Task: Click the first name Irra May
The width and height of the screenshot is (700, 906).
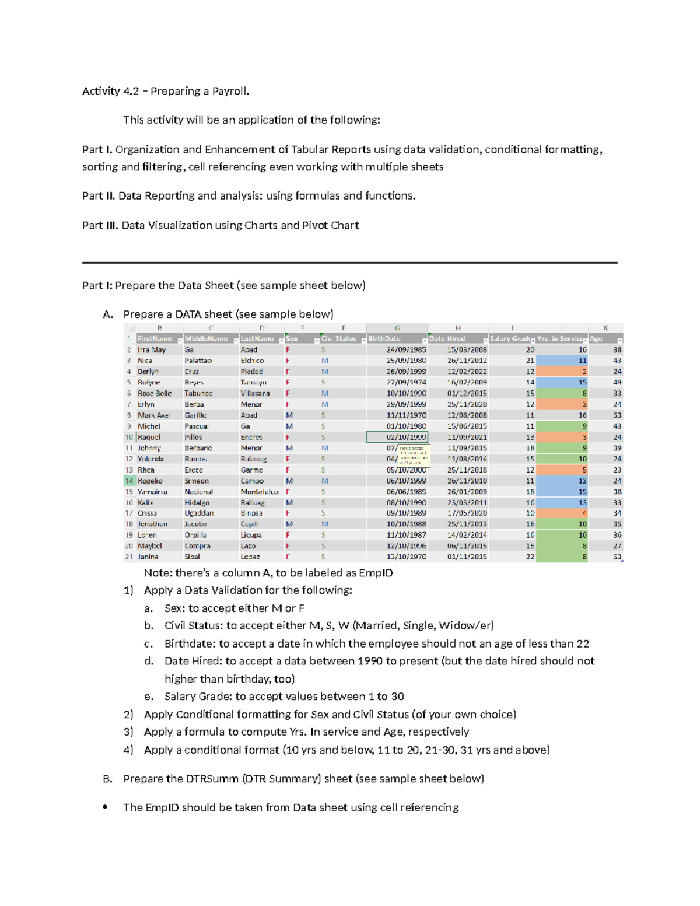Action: pos(152,350)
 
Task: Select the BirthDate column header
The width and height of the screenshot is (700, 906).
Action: pos(385,339)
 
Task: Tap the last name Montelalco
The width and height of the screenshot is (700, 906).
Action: pos(260,492)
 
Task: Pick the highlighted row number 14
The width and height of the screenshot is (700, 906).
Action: pos(129,481)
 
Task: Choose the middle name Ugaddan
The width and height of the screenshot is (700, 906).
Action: pos(199,513)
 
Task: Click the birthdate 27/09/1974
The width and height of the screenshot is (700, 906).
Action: pos(406,383)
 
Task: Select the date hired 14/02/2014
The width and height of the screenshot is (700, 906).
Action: pos(467,535)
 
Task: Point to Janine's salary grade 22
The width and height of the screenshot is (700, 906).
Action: pos(530,557)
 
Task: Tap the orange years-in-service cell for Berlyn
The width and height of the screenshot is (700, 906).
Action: pos(562,372)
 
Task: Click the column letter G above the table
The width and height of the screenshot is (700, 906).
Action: pos(397,328)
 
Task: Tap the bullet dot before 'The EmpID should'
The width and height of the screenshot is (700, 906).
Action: pos(105,807)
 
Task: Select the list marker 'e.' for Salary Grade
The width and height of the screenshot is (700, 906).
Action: pos(149,697)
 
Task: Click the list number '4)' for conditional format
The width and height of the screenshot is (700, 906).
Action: pos(128,750)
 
